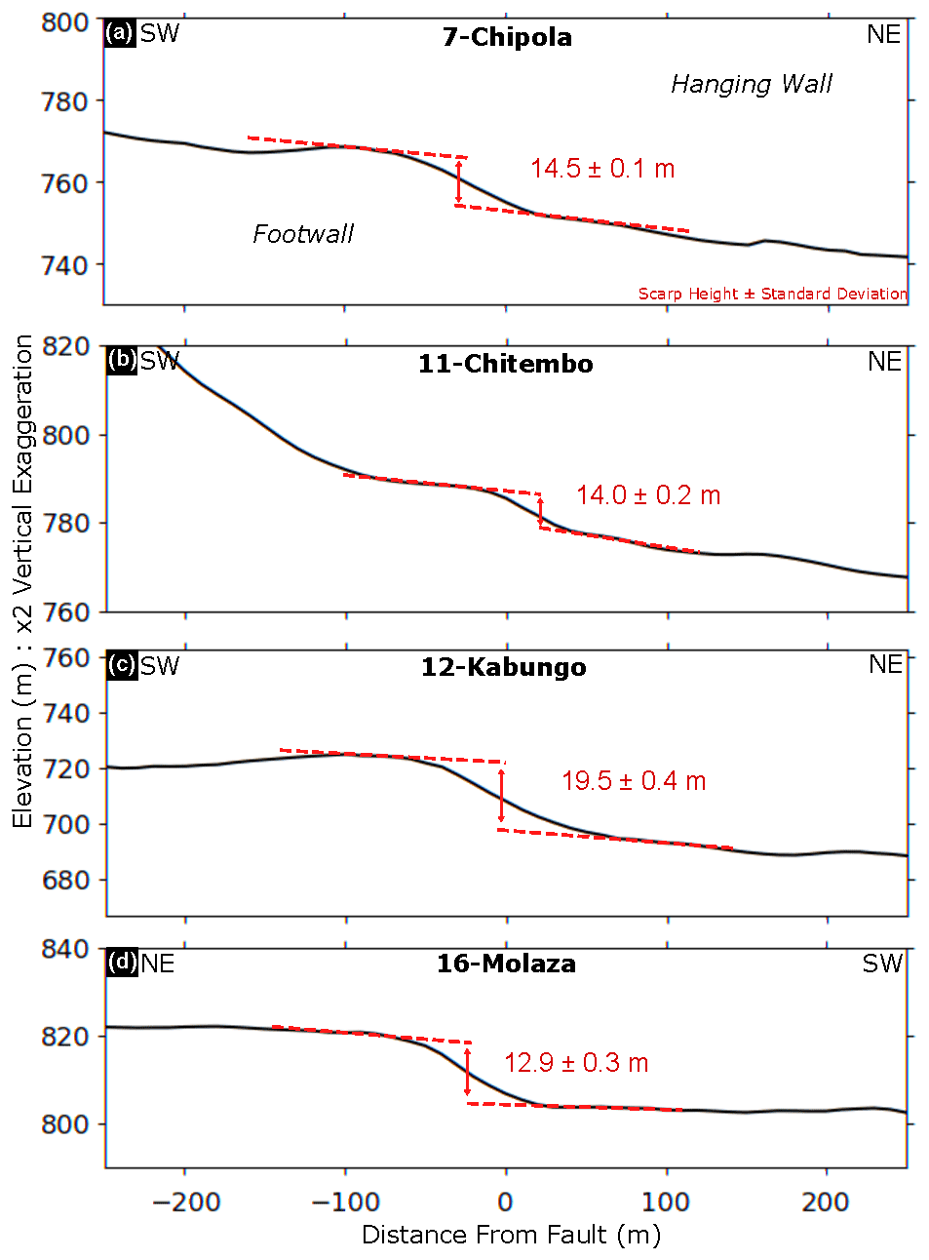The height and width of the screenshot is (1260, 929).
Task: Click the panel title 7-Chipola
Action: (507, 37)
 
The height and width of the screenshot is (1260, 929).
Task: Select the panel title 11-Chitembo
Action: (505, 364)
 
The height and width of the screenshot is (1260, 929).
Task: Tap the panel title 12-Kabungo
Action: (503, 667)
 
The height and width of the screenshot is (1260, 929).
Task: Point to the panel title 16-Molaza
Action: (506, 964)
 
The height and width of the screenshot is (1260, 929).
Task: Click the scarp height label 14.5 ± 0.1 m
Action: (602, 169)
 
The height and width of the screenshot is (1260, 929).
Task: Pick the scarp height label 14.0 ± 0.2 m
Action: (647, 495)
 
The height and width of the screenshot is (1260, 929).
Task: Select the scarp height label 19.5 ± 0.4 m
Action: (634, 781)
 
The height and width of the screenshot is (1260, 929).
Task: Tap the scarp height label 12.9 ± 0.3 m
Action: (576, 1063)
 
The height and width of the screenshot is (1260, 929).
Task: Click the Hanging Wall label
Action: (751, 85)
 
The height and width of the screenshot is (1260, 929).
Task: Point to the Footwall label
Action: (302, 234)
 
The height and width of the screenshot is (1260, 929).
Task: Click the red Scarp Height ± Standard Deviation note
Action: (772, 294)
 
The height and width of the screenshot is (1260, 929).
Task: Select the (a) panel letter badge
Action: (120, 33)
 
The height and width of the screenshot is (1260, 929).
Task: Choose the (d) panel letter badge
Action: (122, 963)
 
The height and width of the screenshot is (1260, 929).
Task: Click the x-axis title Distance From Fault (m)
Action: (511, 1235)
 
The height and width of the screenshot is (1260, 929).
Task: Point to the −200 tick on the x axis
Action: (186, 1201)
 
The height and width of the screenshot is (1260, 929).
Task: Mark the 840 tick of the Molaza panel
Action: (64, 949)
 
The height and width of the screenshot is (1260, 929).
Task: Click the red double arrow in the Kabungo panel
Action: (502, 796)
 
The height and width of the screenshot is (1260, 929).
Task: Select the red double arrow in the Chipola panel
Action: (459, 182)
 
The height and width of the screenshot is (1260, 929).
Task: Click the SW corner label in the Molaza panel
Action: (882, 964)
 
